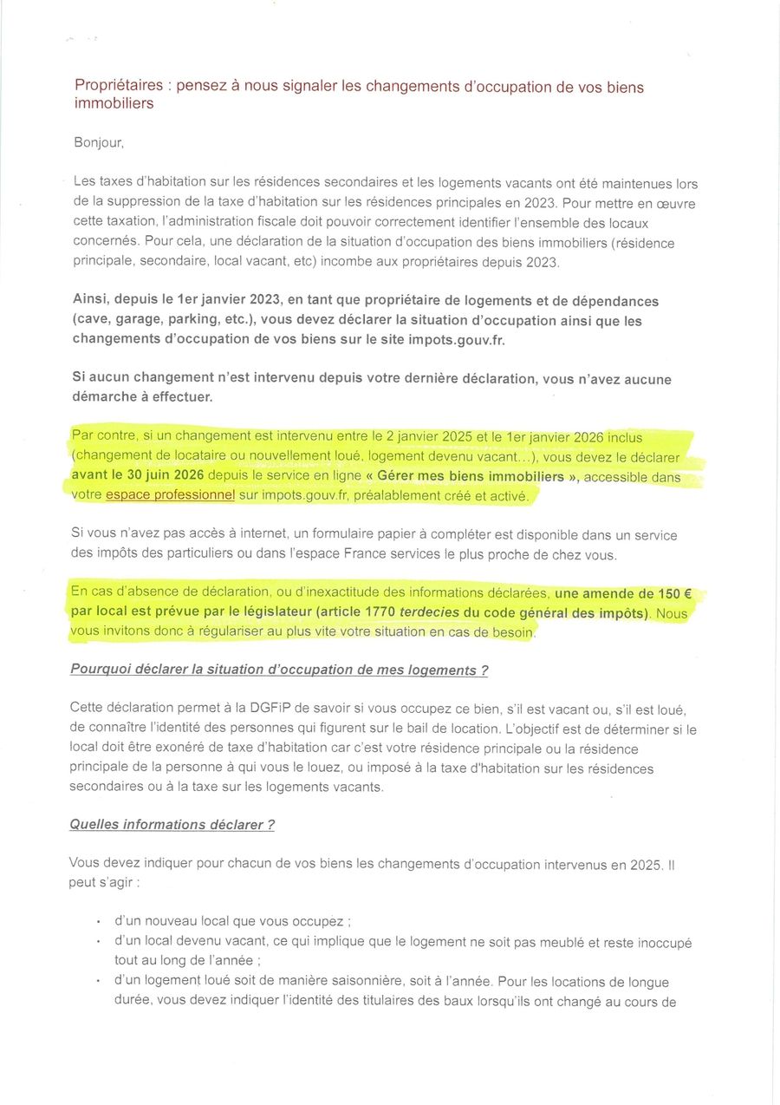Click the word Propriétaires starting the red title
pyautogui.click(x=119, y=86)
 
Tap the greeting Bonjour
pyautogui.click(x=99, y=142)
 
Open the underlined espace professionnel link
pyautogui.click(x=170, y=495)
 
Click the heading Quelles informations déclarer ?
pyautogui.click(x=172, y=825)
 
